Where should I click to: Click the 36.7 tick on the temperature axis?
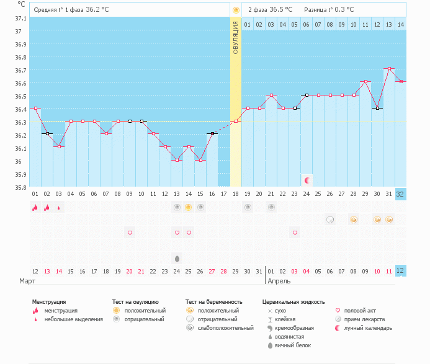click(x=20, y=70)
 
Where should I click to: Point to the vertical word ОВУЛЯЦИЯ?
click(x=236, y=37)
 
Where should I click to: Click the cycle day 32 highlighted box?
click(x=401, y=193)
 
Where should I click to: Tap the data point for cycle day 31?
click(x=389, y=69)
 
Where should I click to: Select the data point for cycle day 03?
click(x=59, y=146)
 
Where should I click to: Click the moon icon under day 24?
click(x=307, y=180)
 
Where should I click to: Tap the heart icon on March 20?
click(x=130, y=233)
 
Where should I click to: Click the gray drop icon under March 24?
click(x=177, y=258)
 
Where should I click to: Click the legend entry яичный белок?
click(x=293, y=345)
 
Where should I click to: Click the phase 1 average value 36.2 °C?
click(x=99, y=10)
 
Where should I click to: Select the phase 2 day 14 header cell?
click(x=401, y=24)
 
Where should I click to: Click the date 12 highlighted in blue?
click(x=401, y=271)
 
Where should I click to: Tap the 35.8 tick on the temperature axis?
click(x=20, y=187)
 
